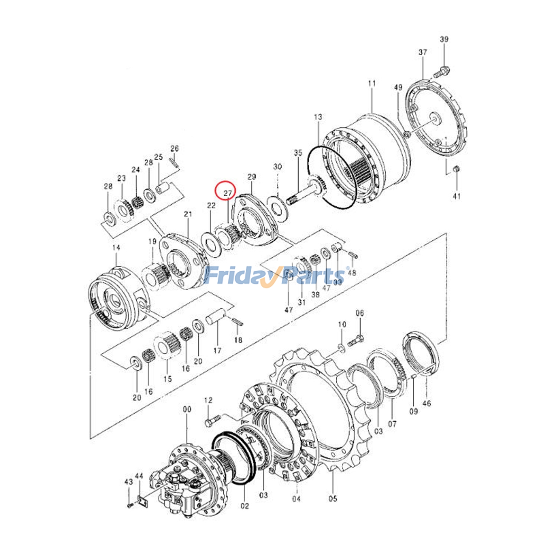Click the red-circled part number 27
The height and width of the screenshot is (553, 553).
(227, 193)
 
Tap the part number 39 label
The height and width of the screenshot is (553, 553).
(444, 39)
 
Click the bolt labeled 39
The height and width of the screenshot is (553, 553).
(440, 72)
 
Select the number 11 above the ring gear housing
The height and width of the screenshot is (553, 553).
(372, 83)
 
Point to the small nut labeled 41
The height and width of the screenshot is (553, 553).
(456, 169)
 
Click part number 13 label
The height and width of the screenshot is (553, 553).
(318, 117)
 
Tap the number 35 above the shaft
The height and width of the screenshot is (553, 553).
(298, 152)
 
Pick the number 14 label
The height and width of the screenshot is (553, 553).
(116, 247)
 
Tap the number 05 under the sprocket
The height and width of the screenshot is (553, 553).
(332, 498)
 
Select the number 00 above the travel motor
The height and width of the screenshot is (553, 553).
(187, 409)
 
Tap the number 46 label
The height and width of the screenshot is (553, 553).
(427, 403)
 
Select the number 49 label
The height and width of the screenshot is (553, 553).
(398, 87)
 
